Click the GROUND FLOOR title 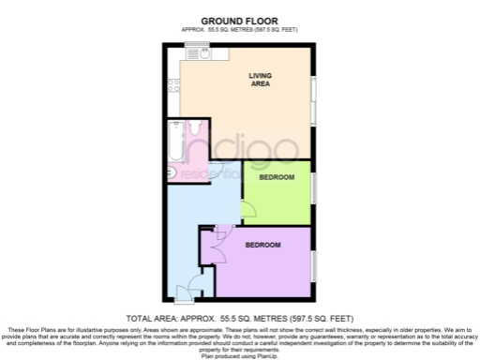click(239, 20)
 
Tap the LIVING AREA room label click(261, 81)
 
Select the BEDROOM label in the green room click(277, 177)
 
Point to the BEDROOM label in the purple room click(263, 246)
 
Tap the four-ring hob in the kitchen click(173, 88)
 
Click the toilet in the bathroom click(196, 129)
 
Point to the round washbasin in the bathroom click(177, 172)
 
